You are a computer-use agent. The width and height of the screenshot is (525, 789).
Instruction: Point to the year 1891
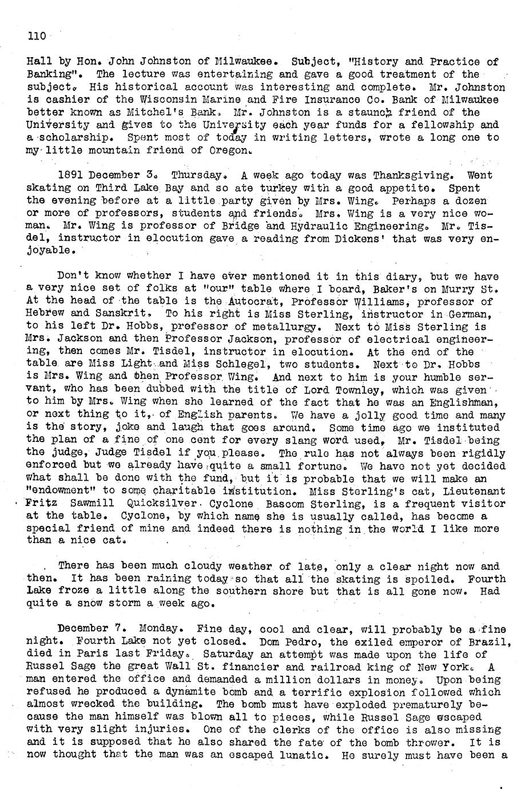pyautogui.click(x=72, y=176)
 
